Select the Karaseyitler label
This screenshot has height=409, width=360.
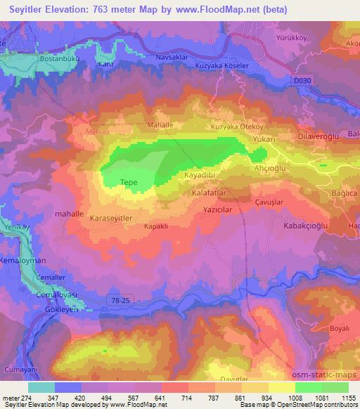pyautogui.click(x=111, y=219)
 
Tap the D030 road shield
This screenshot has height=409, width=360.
pyautogui.click(x=302, y=82)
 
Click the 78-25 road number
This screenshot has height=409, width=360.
pyautogui.click(x=120, y=300)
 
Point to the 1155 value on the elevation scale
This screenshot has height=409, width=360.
pyautogui.click(x=346, y=398)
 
